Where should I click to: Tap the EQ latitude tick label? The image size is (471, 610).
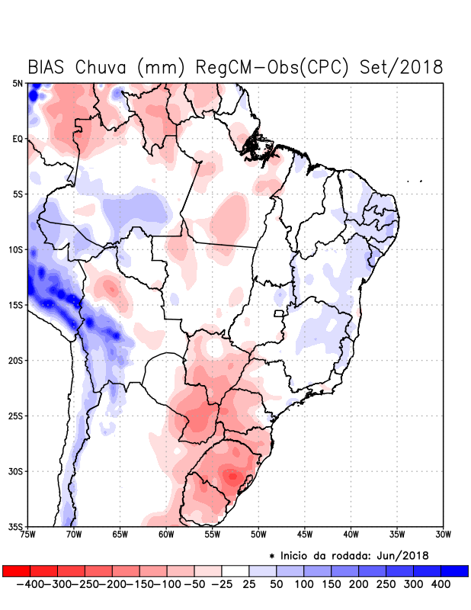(17, 139)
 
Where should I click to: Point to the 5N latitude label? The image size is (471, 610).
(17, 83)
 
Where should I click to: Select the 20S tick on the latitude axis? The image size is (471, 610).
(15, 360)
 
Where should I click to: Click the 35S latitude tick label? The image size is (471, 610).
(15, 526)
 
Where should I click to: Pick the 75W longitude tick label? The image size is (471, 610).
(28, 535)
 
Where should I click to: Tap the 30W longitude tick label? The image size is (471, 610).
(443, 535)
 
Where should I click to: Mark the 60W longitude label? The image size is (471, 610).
(166, 535)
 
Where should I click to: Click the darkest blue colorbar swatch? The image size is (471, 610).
(455, 570)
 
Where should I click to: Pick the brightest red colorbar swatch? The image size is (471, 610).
(16, 570)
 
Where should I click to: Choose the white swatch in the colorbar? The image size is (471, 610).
(235, 570)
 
